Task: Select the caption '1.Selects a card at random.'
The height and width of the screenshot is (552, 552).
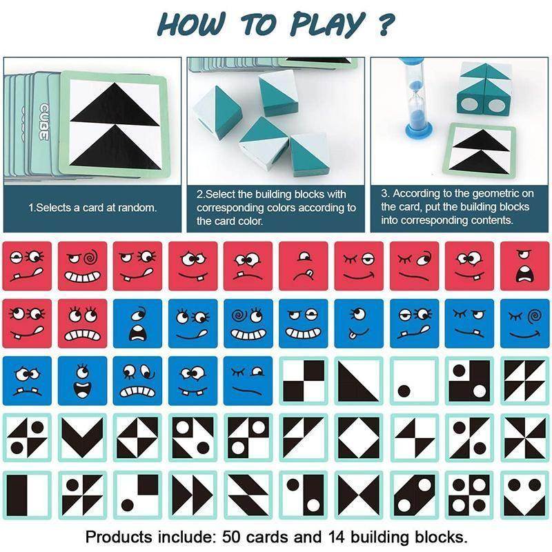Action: (92, 207)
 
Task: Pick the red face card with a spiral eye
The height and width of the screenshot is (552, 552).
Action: (82, 266)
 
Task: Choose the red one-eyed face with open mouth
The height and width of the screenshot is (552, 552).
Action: (524, 266)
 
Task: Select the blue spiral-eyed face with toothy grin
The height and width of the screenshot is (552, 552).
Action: (248, 323)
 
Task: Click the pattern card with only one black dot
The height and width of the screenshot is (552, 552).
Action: (414, 381)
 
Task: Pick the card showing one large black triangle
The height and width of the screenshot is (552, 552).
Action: (359, 381)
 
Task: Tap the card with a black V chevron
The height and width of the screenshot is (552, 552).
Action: (82, 437)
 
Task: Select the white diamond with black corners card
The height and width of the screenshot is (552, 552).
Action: (359, 437)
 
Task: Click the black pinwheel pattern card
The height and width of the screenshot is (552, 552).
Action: (524, 437)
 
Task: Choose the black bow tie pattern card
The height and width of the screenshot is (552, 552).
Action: (359, 494)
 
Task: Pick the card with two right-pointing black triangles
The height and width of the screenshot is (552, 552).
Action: (193, 494)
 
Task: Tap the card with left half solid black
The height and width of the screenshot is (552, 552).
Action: (27, 494)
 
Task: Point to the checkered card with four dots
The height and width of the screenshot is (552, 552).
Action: (469, 494)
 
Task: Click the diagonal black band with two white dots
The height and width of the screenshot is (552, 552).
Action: (414, 494)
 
